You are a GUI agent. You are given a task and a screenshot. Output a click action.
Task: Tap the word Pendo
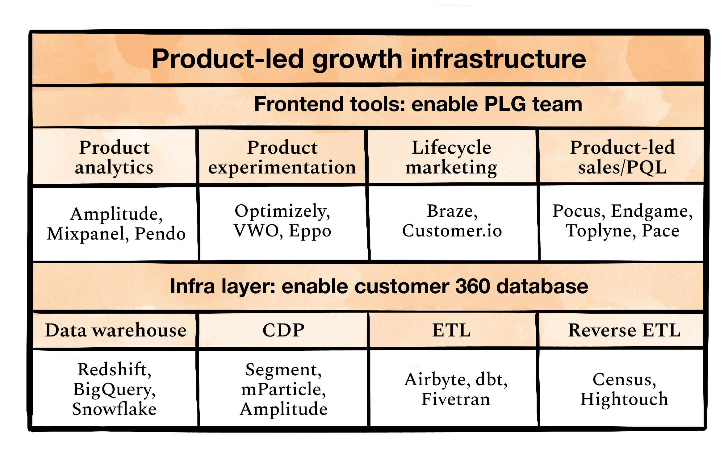pyautogui.click(x=160, y=233)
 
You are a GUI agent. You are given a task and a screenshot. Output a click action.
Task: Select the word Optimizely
pyautogui.click(x=282, y=211)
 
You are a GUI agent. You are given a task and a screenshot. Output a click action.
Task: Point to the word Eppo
pyautogui.click(x=310, y=231)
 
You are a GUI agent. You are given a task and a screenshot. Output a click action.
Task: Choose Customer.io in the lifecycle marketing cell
pyautogui.click(x=452, y=231)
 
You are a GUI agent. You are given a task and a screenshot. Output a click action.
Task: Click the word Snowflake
pyautogui.click(x=114, y=409)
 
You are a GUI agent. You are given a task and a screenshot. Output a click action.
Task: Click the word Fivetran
pyautogui.click(x=456, y=399)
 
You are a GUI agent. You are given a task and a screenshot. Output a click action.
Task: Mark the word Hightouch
pyautogui.click(x=624, y=399)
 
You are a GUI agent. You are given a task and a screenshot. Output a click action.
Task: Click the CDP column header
pyautogui.click(x=283, y=330)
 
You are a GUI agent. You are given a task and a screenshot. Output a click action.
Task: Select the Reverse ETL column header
pyautogui.click(x=624, y=330)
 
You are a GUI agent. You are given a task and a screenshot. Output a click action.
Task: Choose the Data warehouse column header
pyautogui.click(x=116, y=330)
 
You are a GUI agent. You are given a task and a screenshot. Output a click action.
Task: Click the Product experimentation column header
pyautogui.click(x=282, y=157)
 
